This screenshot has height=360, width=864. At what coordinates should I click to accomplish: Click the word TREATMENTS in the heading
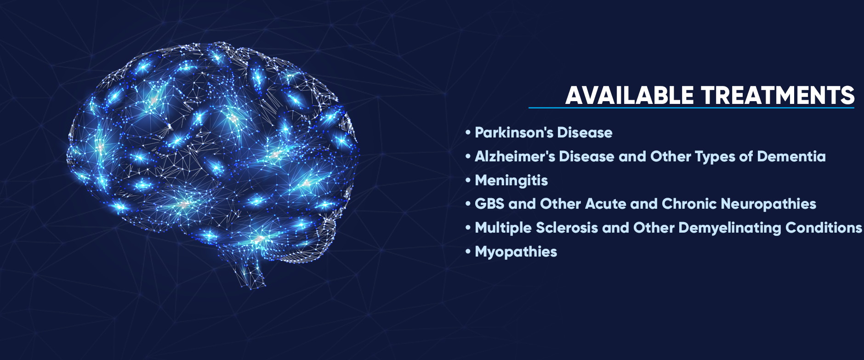click(x=778, y=95)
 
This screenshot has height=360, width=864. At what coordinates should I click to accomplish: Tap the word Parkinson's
click(x=514, y=132)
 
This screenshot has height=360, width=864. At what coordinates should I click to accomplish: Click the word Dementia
click(x=791, y=156)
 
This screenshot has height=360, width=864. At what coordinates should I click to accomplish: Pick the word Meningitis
click(x=511, y=180)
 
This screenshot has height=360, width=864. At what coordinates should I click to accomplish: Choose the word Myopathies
click(x=516, y=252)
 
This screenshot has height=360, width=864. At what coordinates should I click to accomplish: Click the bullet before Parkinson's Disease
click(x=468, y=133)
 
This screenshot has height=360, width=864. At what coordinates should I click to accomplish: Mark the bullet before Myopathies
click(x=468, y=252)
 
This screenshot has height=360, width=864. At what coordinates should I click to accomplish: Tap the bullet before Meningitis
click(x=468, y=180)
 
